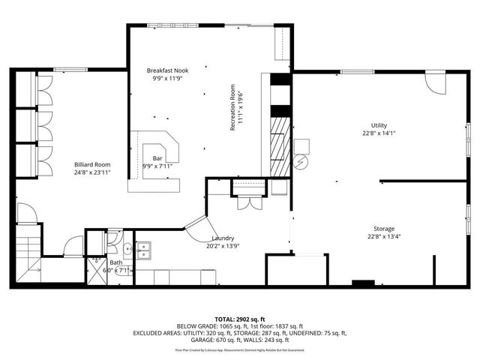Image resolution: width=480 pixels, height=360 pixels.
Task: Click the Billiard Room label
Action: click(x=92, y=163)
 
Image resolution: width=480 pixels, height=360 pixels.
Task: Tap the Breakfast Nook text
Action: click(x=167, y=70)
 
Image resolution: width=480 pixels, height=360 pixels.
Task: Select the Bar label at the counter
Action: click(x=157, y=158)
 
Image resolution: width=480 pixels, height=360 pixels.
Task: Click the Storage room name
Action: click(x=384, y=229)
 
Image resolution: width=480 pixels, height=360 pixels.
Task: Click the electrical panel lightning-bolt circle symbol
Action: click(x=300, y=162)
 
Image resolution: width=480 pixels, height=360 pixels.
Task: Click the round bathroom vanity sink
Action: click(x=127, y=247)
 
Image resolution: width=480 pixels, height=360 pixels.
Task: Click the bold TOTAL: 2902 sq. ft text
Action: click(x=240, y=319)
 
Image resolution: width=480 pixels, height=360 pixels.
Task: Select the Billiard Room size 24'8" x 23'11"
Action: click(x=92, y=172)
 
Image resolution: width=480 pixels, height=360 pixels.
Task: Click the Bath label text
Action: click(x=115, y=262)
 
